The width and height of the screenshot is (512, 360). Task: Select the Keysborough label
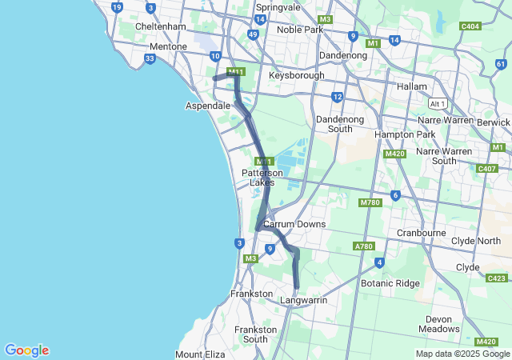pyautogui.click(x=297, y=75)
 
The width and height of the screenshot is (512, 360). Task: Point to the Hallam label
pyautogui.click(x=414, y=86)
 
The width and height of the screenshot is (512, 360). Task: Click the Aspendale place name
pyautogui.click(x=208, y=106)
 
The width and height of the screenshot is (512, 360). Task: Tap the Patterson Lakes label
pyautogui.click(x=262, y=177)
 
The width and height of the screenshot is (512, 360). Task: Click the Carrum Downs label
pyautogui.click(x=294, y=224)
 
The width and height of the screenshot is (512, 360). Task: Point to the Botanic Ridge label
pyautogui.click(x=390, y=283)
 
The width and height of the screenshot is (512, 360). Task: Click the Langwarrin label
pyautogui.click(x=305, y=300)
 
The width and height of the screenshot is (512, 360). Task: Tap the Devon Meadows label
pyautogui.click(x=439, y=324)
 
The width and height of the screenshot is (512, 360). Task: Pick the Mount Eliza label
pyautogui.click(x=201, y=354)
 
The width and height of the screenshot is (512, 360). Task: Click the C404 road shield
pyautogui.click(x=470, y=26)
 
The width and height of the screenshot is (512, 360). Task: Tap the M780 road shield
pyautogui.click(x=370, y=203)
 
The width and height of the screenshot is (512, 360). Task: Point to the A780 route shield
pyautogui.click(x=364, y=246)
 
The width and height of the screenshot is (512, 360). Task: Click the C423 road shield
pyautogui.click(x=496, y=278)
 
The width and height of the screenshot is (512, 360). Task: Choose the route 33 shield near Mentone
pyautogui.click(x=150, y=58)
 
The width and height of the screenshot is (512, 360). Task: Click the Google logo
pyautogui.click(x=26, y=350)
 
